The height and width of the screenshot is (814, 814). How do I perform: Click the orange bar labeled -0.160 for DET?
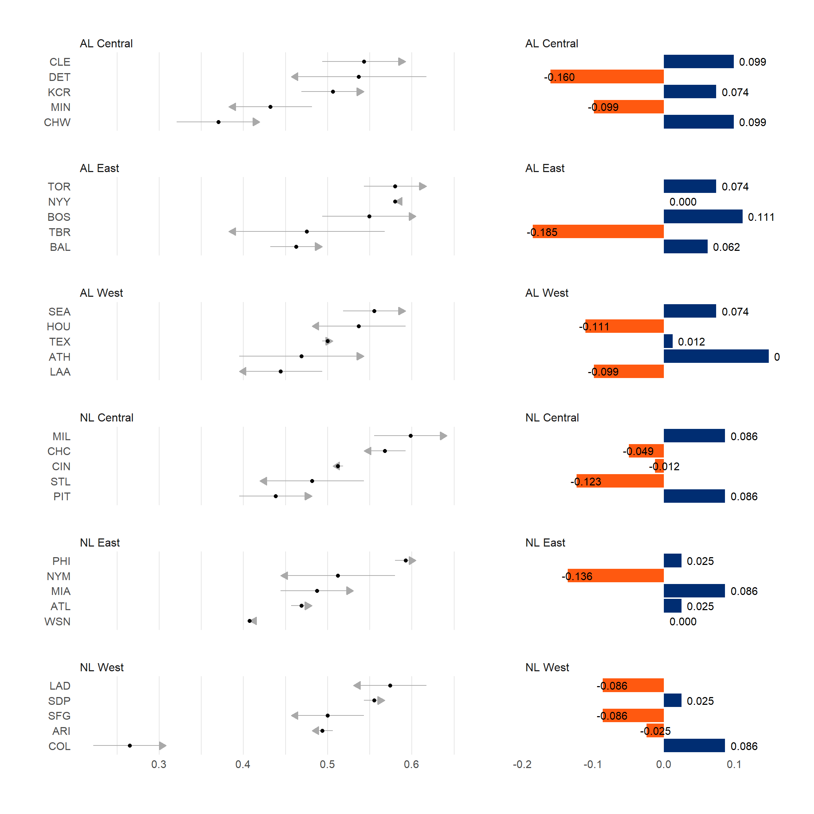(x=607, y=77)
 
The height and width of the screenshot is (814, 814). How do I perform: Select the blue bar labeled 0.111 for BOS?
(x=703, y=217)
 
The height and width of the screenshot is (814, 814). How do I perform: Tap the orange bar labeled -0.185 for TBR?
(x=598, y=232)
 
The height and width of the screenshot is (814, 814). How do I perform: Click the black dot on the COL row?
(x=130, y=746)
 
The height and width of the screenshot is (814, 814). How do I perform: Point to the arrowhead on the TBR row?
(x=232, y=232)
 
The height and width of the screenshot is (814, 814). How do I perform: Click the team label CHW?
(x=57, y=122)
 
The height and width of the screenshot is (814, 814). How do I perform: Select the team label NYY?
(x=59, y=202)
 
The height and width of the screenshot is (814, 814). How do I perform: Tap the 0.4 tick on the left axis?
(x=243, y=764)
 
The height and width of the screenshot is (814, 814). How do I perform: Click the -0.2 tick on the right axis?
(x=522, y=764)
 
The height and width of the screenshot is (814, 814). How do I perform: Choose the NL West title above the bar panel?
(x=547, y=667)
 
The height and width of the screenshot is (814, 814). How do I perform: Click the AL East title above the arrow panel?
(x=99, y=168)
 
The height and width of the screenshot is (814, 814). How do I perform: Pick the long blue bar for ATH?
(x=716, y=356)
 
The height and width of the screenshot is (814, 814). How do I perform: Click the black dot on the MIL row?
(x=411, y=436)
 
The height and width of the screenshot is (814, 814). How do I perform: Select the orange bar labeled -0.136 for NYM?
(x=615, y=576)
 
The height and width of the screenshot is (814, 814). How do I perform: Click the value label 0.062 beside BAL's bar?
(x=726, y=247)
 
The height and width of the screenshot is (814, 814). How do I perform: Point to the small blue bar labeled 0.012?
(x=668, y=341)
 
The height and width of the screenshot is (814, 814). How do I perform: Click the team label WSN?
(x=57, y=621)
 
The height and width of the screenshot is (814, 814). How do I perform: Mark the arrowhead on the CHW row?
(x=256, y=122)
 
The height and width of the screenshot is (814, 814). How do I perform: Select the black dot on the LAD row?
(x=390, y=685)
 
